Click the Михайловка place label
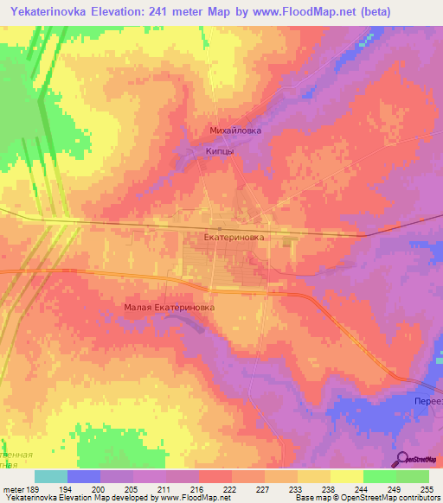pos(235,131)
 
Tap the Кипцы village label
pos(220,150)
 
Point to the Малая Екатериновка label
pos(169,306)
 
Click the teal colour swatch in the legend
pos(51,476)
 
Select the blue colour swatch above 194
pos(84,476)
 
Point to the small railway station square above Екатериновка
pos(220,228)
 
